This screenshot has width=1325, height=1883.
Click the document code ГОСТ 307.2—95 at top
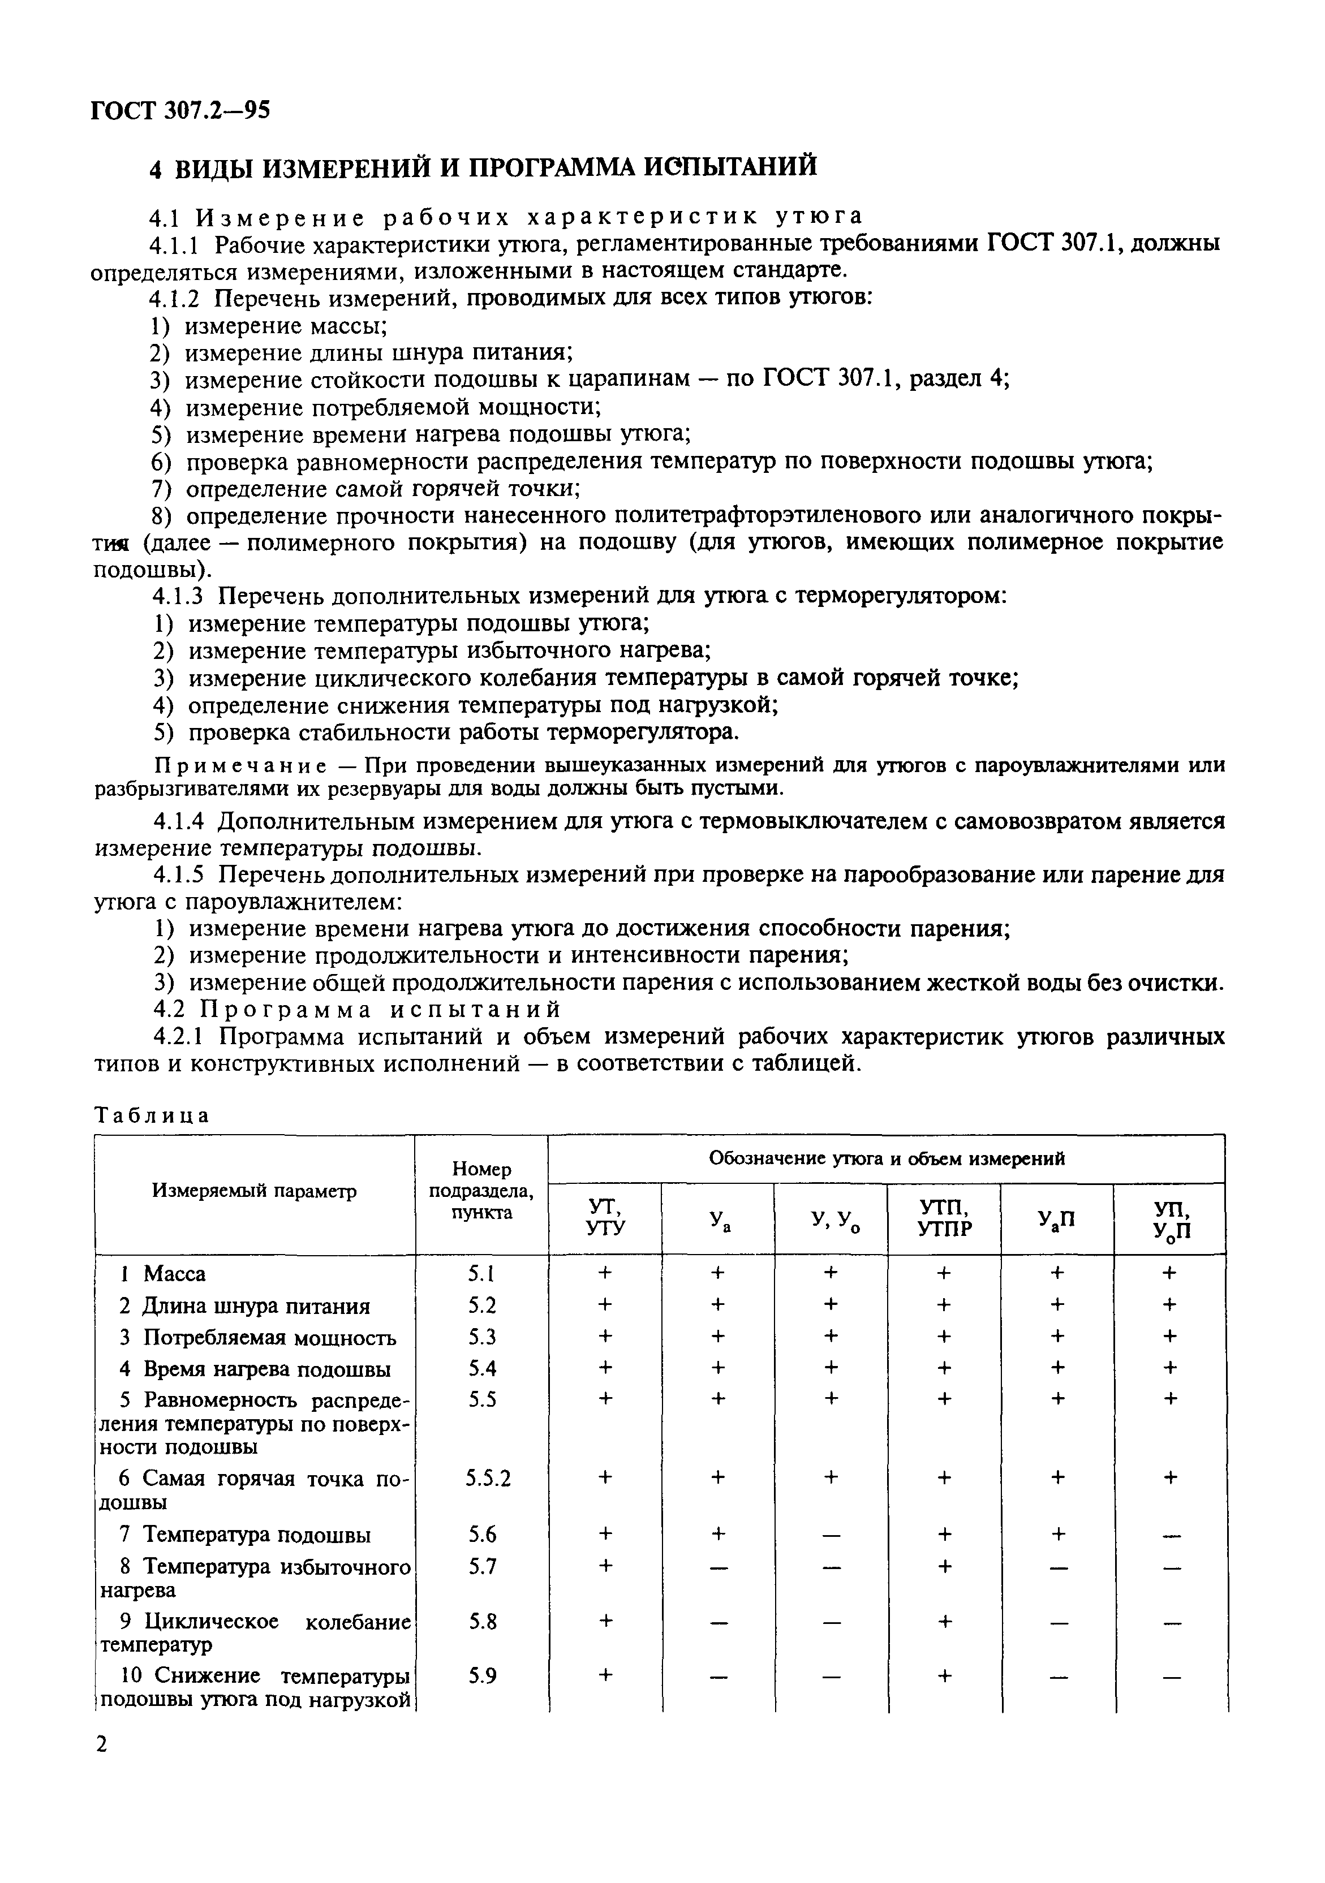pos(180,110)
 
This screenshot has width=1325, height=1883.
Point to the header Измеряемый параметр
pos(255,1191)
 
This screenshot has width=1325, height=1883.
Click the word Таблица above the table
pos(153,1115)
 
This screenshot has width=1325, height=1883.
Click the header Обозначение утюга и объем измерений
pos(886,1158)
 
